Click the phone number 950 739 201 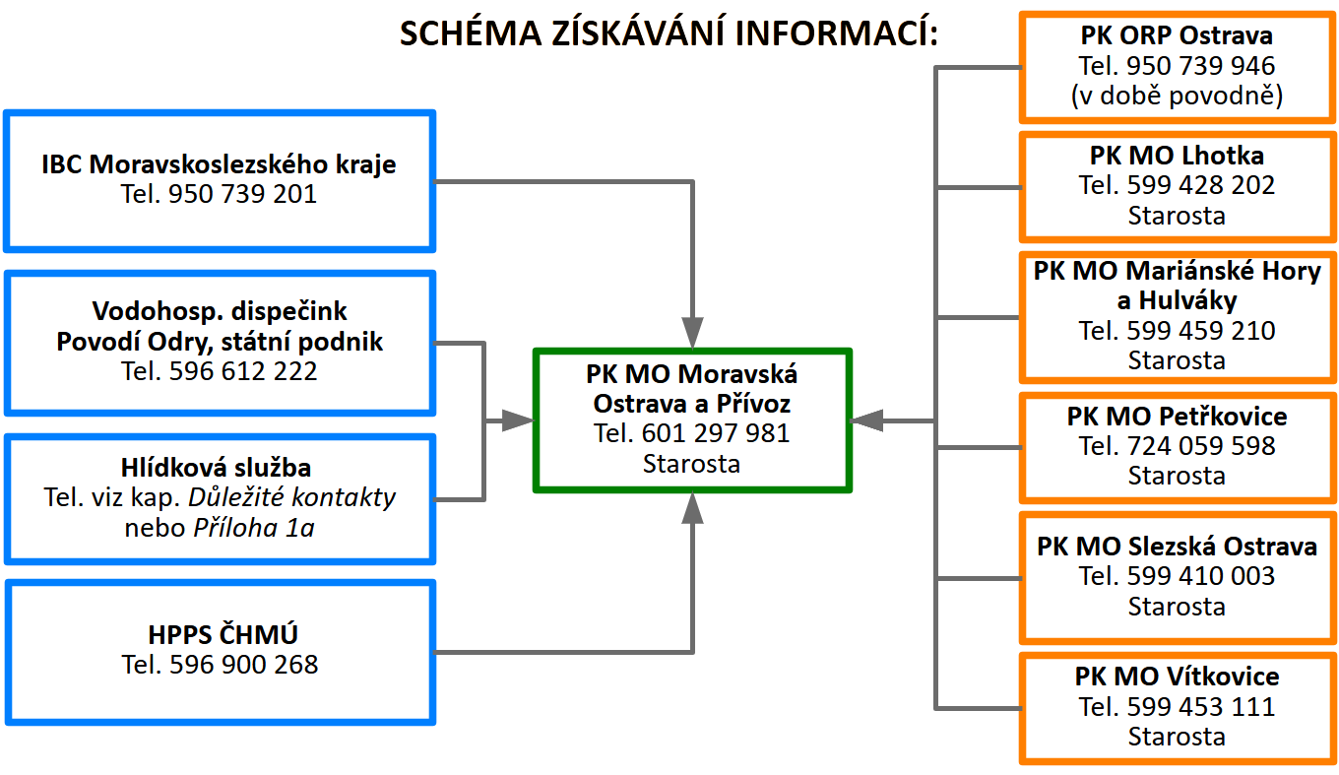243,194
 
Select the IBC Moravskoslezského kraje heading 219,164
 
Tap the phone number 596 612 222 243,371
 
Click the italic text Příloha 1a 253,528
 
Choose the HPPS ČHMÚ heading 220,635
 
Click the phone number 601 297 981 716,433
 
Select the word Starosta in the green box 691,463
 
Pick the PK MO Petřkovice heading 1177,417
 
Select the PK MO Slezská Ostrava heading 1177,547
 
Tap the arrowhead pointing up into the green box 693,508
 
